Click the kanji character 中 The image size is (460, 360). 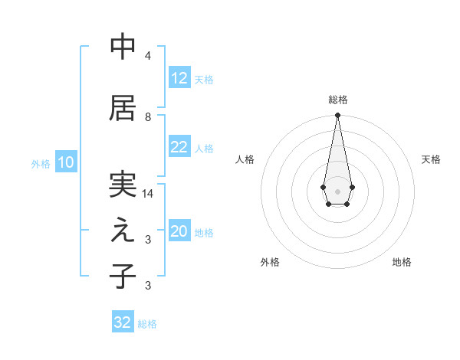[123, 47]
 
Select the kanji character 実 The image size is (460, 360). [123, 185]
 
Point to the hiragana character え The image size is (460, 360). [123, 231]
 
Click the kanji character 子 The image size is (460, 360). [123, 277]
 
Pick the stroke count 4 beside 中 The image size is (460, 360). [147, 56]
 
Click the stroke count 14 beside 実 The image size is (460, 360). [148, 194]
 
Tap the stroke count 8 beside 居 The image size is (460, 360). [147, 117]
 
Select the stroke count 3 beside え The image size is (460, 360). [147, 240]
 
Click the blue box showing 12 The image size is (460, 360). [179, 78]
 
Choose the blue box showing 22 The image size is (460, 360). [179, 148]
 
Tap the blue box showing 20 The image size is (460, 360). [179, 232]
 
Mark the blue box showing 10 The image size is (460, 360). [65, 162]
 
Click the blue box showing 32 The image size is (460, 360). [122, 322]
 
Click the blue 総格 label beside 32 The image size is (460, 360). [147, 324]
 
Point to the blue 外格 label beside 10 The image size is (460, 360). [41, 163]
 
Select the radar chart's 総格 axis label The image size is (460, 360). [337, 100]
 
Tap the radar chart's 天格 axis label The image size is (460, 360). [431, 159]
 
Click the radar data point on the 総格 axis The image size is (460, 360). [337, 116]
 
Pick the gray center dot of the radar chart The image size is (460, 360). [337, 190]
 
